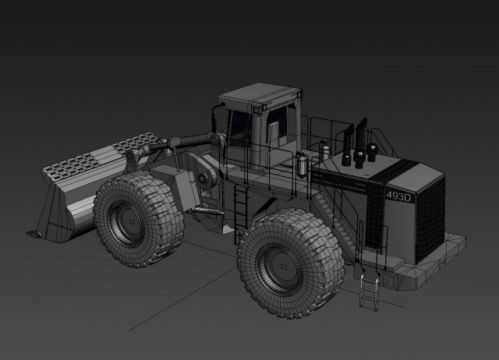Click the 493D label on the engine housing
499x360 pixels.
pyautogui.click(x=398, y=197)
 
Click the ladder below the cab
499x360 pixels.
pyautogui.click(x=241, y=205)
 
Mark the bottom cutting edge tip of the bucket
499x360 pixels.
pyautogui.click(x=34, y=232)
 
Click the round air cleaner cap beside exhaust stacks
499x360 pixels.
pyautogui.click(x=374, y=150)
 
